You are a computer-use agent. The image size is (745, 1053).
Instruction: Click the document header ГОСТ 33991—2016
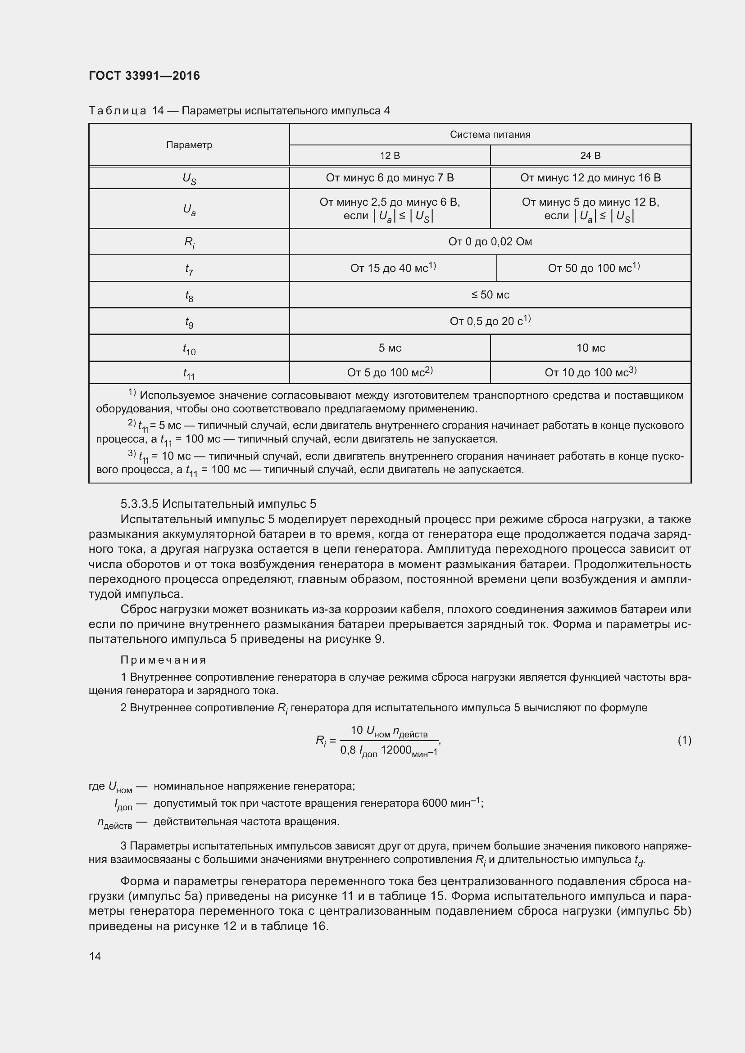pos(144,76)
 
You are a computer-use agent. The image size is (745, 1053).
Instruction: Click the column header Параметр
pos(189,145)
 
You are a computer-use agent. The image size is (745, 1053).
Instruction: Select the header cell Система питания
pos(490,134)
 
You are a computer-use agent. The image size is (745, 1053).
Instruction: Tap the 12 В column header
pos(390,155)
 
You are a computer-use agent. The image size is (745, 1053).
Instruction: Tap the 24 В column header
pos(590,155)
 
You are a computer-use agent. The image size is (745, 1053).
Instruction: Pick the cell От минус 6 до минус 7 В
pos(390,178)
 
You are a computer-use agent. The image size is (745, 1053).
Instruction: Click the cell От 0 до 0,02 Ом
pos(490,242)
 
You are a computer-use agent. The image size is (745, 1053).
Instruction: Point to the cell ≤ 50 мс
pos(490,295)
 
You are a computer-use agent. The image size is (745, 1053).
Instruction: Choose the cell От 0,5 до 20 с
pos(490,321)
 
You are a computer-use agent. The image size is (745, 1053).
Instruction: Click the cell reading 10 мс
pos(590,348)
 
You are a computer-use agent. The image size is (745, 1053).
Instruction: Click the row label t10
pos(189,350)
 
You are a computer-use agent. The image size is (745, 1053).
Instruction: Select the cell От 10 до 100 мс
pos(590,372)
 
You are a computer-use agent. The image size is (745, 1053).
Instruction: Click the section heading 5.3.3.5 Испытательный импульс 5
pos(218,504)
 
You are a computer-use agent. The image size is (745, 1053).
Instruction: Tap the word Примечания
pos(164,660)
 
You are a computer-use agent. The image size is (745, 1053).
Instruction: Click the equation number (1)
pos(684,740)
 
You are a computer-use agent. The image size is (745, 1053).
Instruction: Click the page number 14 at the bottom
pos(95,956)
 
